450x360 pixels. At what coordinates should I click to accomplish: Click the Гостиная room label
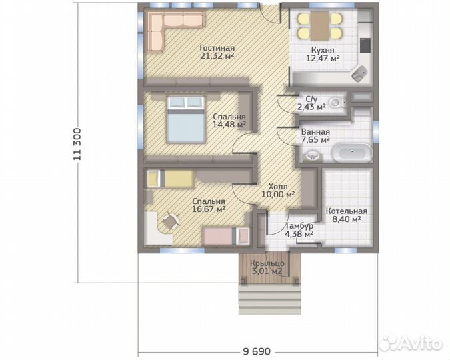[x=217, y=48]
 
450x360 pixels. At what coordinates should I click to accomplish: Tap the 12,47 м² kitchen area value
[x=323, y=58]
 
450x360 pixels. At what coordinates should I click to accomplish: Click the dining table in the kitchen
[x=319, y=26]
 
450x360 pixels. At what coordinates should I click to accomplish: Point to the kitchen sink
[x=359, y=73]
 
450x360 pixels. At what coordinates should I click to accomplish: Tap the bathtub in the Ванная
[x=352, y=153]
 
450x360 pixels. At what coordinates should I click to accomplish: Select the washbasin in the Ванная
[x=312, y=155]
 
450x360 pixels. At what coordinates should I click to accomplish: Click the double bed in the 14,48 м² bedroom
[x=186, y=119]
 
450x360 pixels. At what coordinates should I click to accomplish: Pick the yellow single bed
[x=169, y=179]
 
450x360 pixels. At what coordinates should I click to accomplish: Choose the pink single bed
[x=226, y=236]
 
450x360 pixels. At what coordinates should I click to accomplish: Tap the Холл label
[x=278, y=186]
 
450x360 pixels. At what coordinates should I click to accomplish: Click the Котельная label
[x=347, y=211]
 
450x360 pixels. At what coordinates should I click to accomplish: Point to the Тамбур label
[x=299, y=226]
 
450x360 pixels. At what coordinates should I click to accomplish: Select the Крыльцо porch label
[x=267, y=263]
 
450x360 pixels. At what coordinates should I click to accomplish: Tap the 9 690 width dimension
[x=257, y=351]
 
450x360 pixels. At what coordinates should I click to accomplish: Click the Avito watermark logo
[x=411, y=343]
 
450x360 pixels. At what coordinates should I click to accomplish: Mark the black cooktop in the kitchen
[x=365, y=45]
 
